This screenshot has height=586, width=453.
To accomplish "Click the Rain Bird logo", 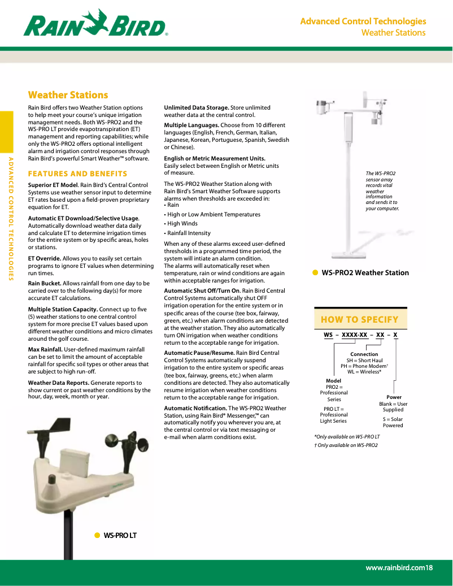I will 95,24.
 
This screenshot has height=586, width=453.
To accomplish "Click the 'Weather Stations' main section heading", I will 68,95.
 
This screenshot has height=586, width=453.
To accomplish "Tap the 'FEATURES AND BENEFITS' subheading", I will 77,173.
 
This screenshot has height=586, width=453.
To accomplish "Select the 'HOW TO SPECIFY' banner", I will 359,319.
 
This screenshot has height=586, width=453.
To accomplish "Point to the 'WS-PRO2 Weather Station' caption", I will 365,272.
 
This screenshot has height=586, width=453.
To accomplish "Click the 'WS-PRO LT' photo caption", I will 120,535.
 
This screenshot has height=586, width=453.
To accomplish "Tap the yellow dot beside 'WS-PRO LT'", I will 97,535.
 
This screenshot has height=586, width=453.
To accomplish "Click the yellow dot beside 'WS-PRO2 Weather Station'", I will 315,272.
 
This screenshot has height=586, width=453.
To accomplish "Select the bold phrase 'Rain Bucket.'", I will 45,283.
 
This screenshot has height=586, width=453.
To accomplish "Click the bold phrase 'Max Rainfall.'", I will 45,350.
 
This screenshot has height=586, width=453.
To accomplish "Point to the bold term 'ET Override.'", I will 45,258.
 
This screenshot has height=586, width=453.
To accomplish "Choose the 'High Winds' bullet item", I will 182,224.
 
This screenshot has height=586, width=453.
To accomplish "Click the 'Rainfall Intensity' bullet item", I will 189,233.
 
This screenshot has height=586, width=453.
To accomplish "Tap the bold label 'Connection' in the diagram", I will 364,354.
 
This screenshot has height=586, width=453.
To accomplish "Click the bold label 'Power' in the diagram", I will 394,397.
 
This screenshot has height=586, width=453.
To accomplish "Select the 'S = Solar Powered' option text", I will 393,422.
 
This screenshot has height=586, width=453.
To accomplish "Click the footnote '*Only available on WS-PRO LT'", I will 347,437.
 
